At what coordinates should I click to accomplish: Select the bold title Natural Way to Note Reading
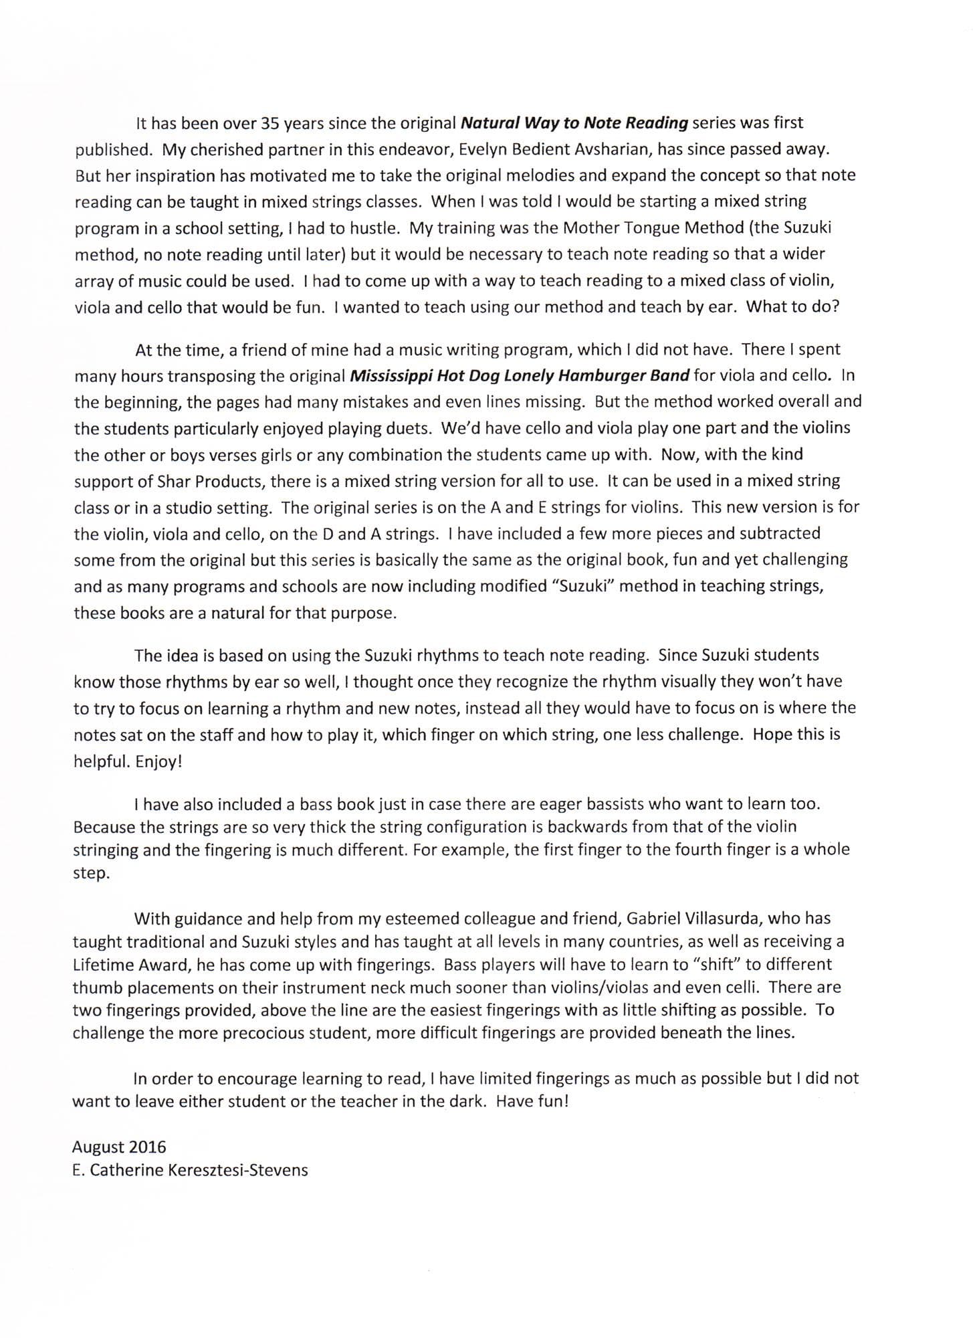tap(574, 123)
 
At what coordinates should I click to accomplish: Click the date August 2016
tap(119, 1147)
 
